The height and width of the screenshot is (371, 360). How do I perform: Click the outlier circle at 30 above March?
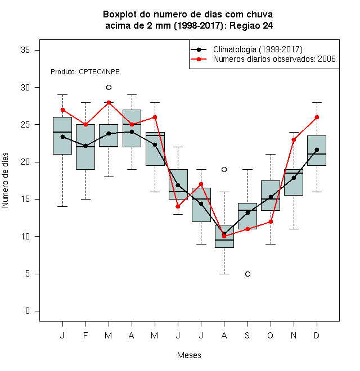(109, 88)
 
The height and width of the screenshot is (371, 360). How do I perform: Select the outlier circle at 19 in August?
(224, 169)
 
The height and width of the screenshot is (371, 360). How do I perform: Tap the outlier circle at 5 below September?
(247, 274)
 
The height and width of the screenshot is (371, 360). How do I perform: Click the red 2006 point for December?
(317, 117)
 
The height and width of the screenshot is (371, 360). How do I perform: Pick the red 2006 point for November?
(294, 139)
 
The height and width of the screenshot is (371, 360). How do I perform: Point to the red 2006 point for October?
(271, 221)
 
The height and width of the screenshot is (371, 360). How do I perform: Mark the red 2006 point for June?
(178, 206)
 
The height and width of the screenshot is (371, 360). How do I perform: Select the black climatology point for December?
(317, 150)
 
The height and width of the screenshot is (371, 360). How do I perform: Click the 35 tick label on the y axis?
(25, 50)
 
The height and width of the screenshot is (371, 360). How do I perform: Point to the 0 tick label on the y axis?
(28, 311)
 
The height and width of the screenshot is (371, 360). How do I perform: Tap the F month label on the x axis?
(85, 335)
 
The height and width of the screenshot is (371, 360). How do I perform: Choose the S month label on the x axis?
(247, 335)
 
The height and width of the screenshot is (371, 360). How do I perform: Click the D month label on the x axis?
(317, 335)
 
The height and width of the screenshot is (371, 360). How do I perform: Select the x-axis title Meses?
(189, 355)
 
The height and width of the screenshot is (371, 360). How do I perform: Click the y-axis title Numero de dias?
(5, 180)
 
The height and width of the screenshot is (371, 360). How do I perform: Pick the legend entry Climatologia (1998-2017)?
(258, 49)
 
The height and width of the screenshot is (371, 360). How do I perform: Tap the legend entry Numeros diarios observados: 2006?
(274, 59)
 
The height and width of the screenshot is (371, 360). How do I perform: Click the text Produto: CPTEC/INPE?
(85, 72)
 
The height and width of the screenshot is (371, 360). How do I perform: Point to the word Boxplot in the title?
(120, 15)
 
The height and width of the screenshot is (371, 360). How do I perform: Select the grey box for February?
(85, 147)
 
